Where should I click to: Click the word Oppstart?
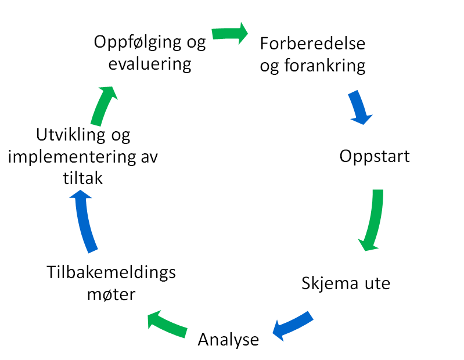point(375,157)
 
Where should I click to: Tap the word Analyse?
point(228,339)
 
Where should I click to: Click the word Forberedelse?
point(312,44)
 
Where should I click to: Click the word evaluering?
point(150,63)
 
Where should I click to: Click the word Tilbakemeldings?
point(110,272)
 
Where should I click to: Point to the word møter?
point(111,294)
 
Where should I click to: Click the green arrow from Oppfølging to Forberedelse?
point(229,33)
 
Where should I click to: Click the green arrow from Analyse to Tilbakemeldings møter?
point(167,323)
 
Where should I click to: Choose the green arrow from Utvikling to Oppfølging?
point(103,105)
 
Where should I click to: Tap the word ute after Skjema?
point(375,283)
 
